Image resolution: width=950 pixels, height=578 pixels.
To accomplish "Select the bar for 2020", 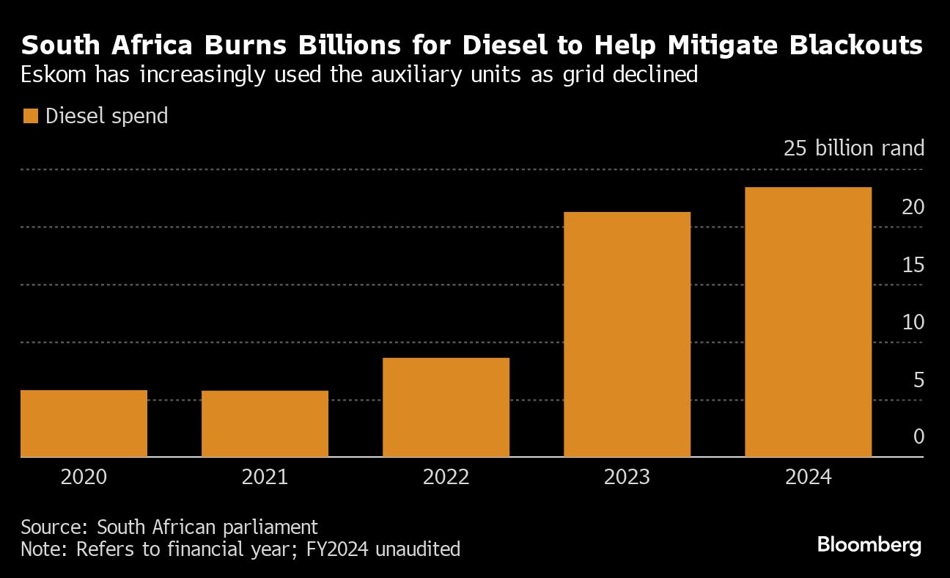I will click(84, 423).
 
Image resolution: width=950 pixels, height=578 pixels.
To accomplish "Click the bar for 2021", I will click(265, 424).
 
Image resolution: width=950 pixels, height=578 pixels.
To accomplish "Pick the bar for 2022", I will click(446, 407).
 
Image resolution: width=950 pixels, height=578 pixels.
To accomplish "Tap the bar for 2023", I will click(627, 334).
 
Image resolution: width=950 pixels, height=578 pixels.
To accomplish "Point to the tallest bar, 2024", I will click(808, 322).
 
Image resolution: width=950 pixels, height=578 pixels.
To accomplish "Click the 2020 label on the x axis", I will click(84, 478).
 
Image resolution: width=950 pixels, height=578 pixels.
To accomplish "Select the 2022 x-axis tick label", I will click(446, 478).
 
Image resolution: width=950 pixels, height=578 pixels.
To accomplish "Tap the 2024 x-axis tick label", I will click(808, 478).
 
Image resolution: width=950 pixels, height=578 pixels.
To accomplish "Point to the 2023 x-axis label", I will click(627, 478).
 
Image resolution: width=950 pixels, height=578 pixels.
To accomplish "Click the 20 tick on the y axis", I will click(913, 208).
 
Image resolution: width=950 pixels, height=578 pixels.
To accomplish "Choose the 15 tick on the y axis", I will click(913, 266).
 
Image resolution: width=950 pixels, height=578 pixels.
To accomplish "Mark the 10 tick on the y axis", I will click(913, 323).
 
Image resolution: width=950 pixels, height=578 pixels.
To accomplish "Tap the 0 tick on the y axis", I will click(918, 437).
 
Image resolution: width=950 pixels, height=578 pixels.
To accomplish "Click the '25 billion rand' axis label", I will click(854, 149).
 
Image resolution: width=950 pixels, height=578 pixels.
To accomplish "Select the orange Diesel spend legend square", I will click(30, 116).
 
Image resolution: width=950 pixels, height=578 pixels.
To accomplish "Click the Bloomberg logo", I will click(869, 546).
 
